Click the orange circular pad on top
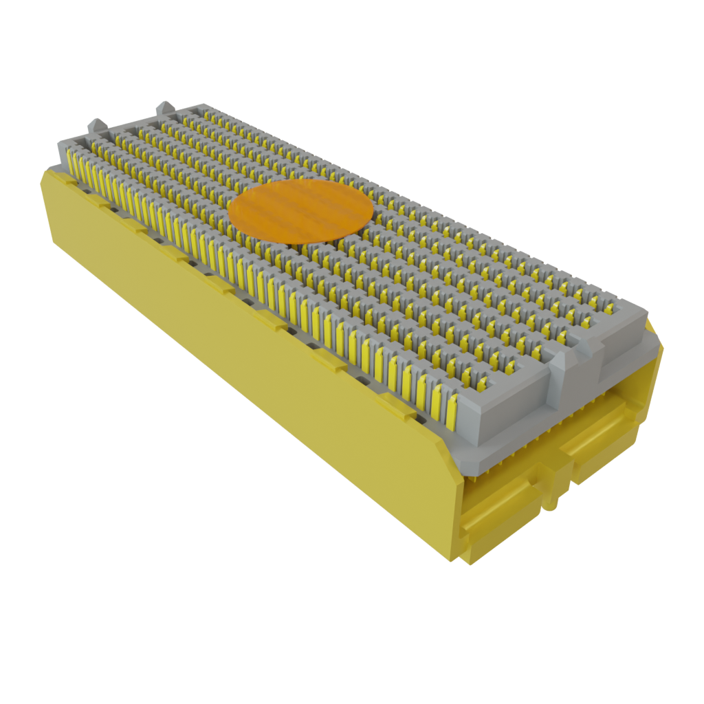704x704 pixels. (x=300, y=212)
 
